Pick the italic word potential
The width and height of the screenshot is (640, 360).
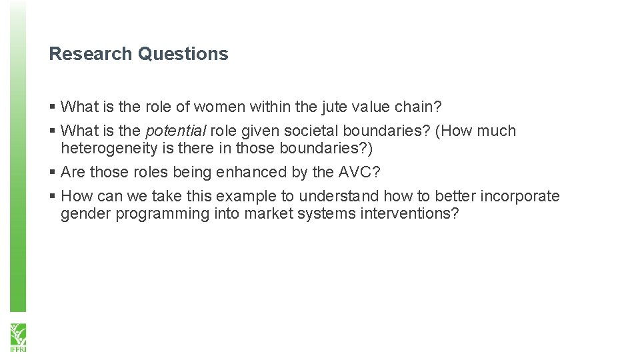point(175,131)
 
